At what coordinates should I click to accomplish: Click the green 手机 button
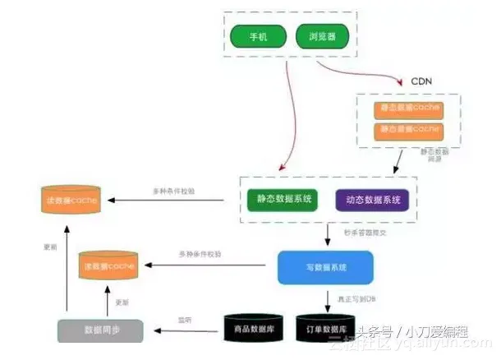click(257, 36)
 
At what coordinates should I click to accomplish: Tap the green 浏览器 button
click(320, 36)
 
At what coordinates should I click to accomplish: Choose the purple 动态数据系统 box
click(370, 200)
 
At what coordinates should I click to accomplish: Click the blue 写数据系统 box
click(325, 267)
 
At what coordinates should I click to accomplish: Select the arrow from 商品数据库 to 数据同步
click(184, 330)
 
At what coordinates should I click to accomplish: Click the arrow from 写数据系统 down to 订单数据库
click(326, 298)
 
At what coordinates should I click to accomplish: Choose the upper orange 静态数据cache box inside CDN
click(408, 108)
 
